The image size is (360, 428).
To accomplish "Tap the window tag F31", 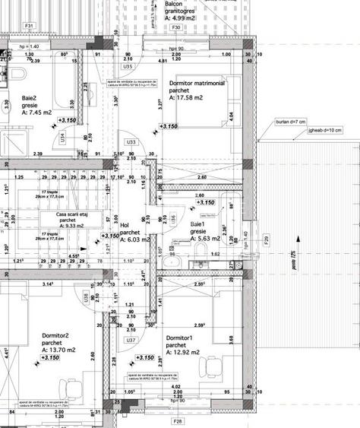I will (x=30, y=26).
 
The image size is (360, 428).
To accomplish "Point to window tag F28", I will (x=177, y=420).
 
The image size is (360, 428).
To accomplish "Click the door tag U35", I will (x=128, y=67).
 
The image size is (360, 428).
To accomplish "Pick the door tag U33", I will (x=131, y=141).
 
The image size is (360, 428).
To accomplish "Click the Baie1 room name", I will (x=198, y=225).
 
